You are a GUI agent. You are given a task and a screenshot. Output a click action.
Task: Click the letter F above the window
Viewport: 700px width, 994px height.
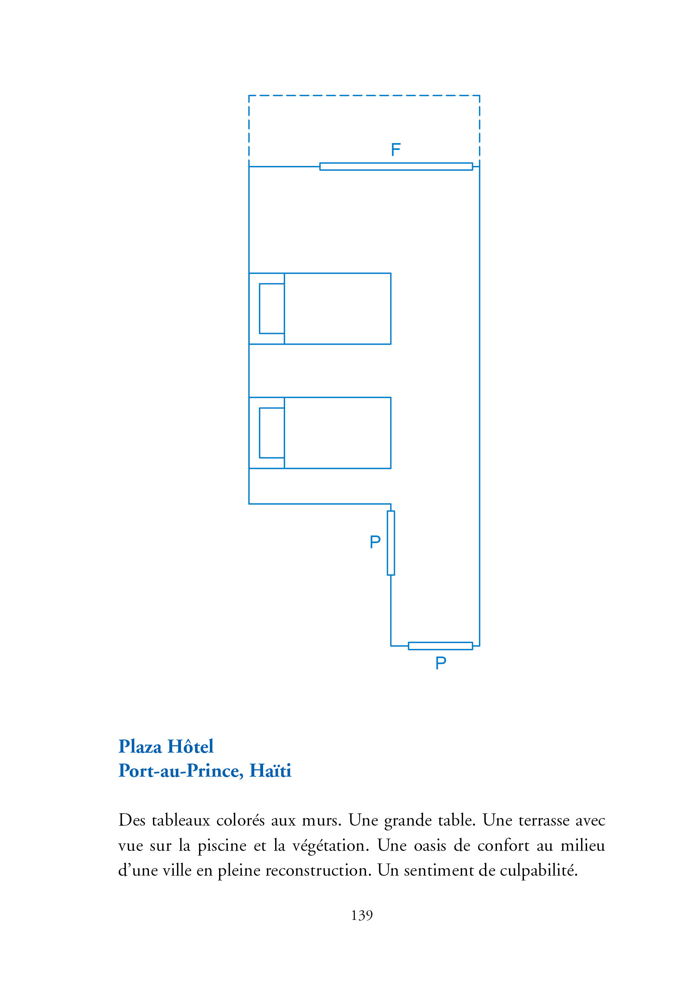coord(395,150)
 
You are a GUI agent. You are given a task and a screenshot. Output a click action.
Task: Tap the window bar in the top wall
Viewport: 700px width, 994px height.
coord(396,167)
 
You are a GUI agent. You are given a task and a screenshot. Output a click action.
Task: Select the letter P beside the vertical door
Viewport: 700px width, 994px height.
coord(375,542)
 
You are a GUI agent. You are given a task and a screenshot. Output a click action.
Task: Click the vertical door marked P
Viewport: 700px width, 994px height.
coord(391,543)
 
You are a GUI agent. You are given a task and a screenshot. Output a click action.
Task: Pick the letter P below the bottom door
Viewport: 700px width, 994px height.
coord(441,663)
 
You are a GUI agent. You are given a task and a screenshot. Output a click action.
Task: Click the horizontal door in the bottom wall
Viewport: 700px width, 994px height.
coord(440,646)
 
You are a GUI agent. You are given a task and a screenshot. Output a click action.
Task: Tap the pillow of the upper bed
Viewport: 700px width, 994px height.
coord(272,309)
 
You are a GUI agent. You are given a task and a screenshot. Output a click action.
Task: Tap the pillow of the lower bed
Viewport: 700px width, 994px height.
coord(272,433)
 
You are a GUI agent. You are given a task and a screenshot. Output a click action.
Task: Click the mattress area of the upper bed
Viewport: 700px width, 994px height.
coord(338,309)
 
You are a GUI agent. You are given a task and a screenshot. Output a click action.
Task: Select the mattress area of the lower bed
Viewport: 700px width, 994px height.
coord(338,433)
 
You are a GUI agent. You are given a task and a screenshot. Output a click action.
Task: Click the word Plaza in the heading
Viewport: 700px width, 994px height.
coord(140,747)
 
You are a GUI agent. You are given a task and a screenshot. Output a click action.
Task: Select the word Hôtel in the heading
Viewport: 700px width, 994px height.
coord(190,747)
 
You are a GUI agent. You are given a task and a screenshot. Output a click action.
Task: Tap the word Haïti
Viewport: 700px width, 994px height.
coord(270,771)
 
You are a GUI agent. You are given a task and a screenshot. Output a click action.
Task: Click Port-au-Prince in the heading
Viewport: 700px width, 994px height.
coord(181,771)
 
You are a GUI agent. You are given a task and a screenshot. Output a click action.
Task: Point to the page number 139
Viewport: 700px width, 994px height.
coord(362,915)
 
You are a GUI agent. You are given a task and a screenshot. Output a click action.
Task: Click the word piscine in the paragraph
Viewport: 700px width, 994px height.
coord(222,846)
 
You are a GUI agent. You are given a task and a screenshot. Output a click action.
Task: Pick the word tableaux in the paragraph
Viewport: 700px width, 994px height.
coord(181,820)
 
